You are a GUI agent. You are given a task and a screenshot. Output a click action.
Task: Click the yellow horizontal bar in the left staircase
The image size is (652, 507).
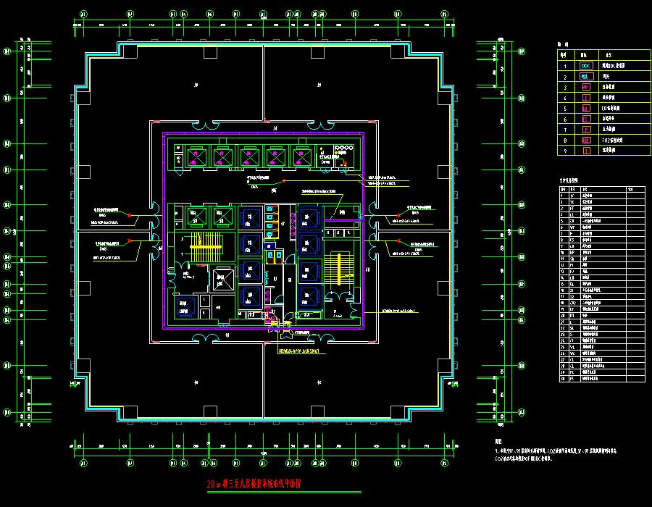[205, 247]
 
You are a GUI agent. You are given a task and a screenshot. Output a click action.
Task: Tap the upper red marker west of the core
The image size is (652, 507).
[130, 215]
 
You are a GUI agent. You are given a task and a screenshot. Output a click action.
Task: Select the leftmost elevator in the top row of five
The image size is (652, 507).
[195, 156]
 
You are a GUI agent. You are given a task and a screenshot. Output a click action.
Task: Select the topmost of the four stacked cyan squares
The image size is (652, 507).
[270, 209]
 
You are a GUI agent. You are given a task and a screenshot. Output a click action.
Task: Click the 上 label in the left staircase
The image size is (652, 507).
[182, 255]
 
